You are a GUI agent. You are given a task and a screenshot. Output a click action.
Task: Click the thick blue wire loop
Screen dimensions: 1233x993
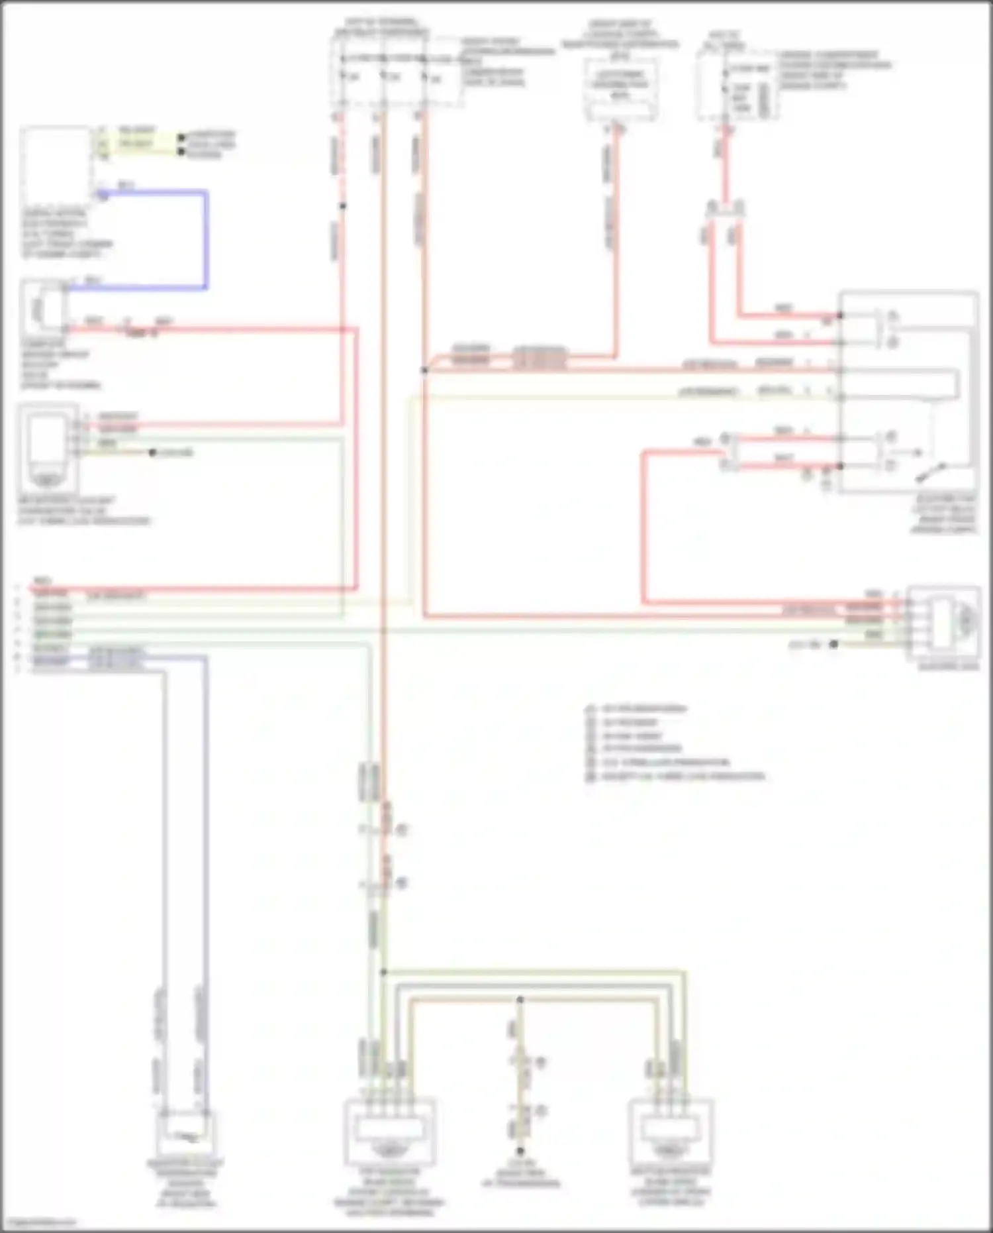pyautogui.click(x=206, y=239)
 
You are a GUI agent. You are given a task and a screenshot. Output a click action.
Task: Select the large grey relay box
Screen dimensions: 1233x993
pyautogui.click(x=908, y=391)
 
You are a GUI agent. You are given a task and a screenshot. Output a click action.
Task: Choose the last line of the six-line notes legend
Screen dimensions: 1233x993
pyautogui.click(x=675, y=777)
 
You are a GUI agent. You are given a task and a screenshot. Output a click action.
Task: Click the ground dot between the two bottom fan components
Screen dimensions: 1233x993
pyautogui.click(x=520, y=1152)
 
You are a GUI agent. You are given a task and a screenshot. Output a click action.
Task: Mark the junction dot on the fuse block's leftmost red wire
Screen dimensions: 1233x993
pyautogui.click(x=342, y=206)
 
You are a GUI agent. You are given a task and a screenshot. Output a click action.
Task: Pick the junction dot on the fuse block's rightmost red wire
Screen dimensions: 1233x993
pyautogui.click(x=424, y=370)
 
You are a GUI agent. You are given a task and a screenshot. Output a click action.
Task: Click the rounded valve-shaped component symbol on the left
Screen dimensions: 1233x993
pyautogui.click(x=46, y=447)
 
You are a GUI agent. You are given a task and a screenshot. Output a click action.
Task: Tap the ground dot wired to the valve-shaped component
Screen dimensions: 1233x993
pyautogui.click(x=153, y=453)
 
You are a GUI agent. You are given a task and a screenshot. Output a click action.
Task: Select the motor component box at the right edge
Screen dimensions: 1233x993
pyautogui.click(x=943, y=623)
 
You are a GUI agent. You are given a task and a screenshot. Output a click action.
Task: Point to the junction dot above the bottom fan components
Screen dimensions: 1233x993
pyautogui.click(x=383, y=972)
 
